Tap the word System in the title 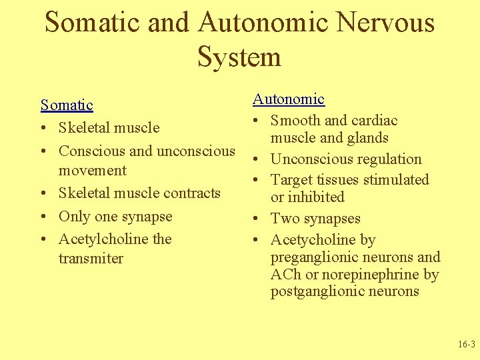coord(239,57)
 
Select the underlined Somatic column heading coord(67,105)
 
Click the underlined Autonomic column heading coord(288,99)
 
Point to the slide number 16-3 coord(466,345)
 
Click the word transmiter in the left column coord(91,259)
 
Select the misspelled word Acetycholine coord(313,240)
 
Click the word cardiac coord(374,121)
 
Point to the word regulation coord(390,159)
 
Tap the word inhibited coord(316,197)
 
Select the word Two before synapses coord(283,219)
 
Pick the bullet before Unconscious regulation coord(256,160)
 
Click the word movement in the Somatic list coord(92,171)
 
